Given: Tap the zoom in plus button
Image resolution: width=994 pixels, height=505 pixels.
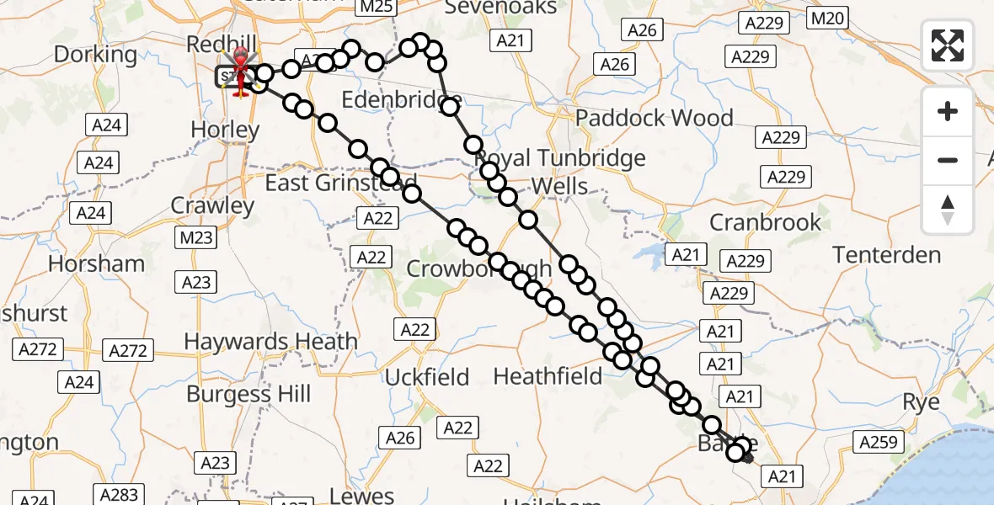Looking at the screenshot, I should (948, 111).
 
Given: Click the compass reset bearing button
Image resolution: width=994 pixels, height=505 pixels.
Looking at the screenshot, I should (948, 210).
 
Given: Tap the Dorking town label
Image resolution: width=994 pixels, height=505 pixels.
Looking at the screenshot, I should (94, 55).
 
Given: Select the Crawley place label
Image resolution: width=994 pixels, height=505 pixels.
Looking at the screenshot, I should (212, 205).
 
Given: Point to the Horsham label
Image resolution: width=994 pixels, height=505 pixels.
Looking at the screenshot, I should (97, 263).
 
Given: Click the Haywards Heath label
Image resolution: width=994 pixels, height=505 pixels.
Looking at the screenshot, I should (270, 342).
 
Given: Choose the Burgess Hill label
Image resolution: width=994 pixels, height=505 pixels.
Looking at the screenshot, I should (248, 394).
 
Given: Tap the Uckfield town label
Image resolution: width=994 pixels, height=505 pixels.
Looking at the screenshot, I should (426, 378).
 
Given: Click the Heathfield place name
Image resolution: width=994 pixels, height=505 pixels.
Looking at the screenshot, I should (548, 375).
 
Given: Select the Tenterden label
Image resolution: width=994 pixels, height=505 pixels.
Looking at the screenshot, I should (886, 255).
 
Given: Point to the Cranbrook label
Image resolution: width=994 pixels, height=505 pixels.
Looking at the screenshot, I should (765, 222).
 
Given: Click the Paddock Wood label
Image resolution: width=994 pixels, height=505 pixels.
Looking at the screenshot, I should (655, 118).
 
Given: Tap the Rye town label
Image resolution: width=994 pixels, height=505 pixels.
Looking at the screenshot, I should (921, 402).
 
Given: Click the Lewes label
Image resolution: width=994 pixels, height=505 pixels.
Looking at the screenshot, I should (362, 496).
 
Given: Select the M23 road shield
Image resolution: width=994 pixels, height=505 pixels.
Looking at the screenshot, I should (196, 238).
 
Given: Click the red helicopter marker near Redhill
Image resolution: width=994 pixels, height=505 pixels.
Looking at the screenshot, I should (241, 71).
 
